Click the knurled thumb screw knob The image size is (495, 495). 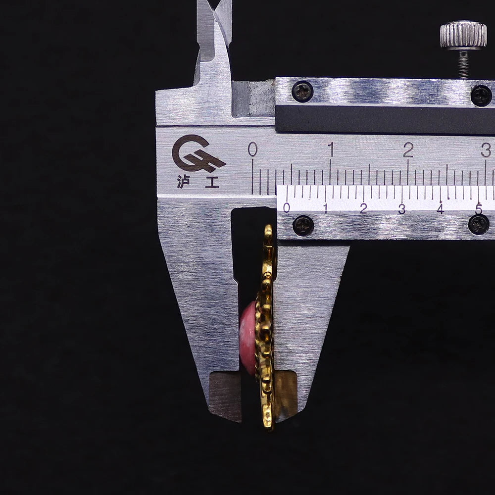pos(463,35)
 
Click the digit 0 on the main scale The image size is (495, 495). pos(252,149)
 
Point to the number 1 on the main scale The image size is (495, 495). pos(331,149)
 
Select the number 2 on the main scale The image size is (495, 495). pos(408,149)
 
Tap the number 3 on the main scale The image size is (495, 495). pos(486,149)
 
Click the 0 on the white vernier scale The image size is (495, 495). pos(287,207)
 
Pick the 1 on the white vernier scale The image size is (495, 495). pos(326,208)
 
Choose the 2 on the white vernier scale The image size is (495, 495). pos(364,208)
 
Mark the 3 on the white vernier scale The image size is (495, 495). pos(402,208)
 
